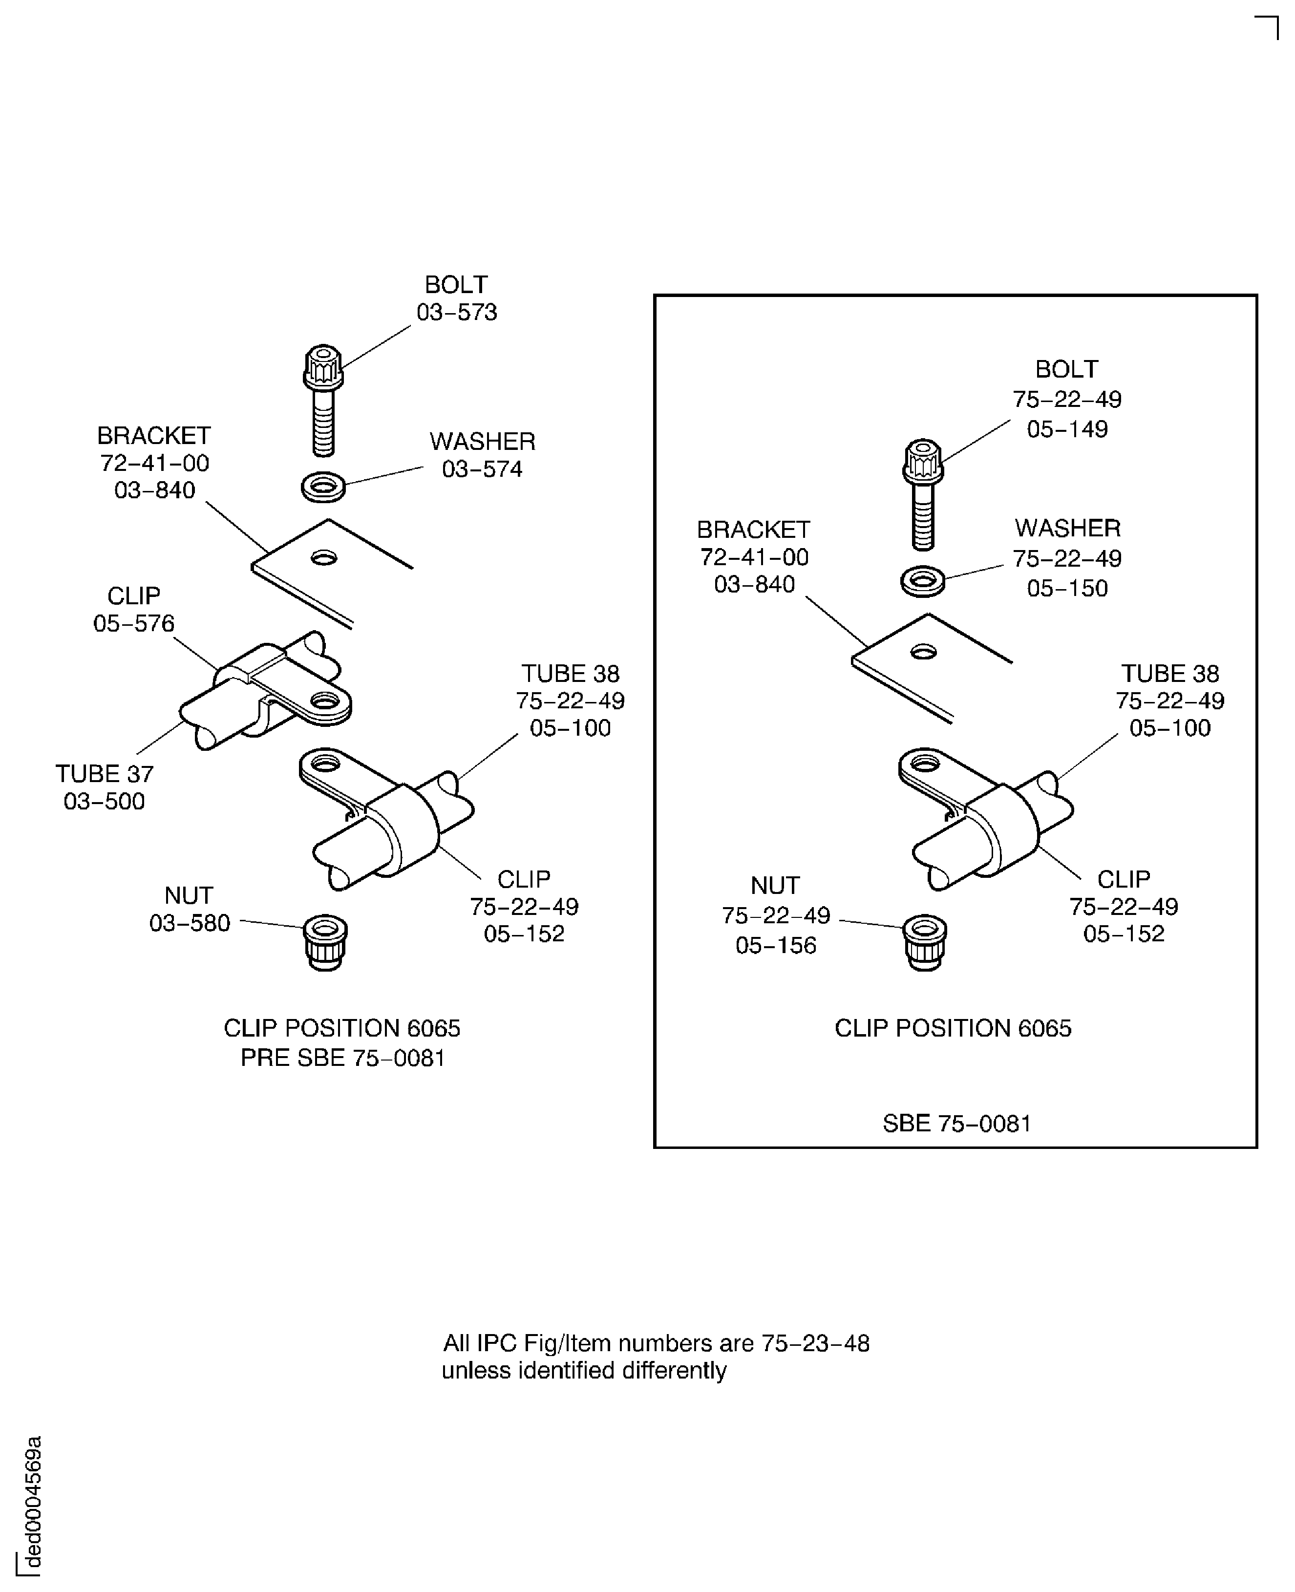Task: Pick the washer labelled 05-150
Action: tap(923, 581)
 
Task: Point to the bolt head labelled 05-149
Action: tap(923, 460)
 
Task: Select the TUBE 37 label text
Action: tap(105, 774)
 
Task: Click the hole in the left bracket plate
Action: tap(324, 557)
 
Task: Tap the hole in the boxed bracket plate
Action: tap(924, 653)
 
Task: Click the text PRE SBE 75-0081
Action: tap(342, 1058)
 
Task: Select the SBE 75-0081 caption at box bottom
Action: tap(956, 1124)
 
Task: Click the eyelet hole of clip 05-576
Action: tap(325, 700)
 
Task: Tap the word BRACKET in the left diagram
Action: tap(154, 436)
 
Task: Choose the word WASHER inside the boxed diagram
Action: tap(1067, 528)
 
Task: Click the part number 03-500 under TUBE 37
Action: tap(105, 801)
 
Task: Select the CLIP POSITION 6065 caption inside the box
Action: tap(953, 1028)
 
